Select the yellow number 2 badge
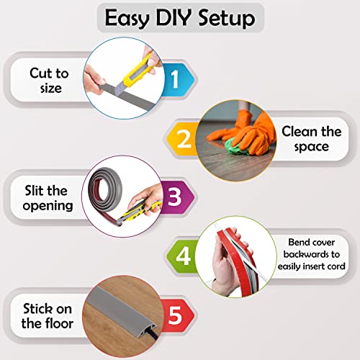coord(185,138)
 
